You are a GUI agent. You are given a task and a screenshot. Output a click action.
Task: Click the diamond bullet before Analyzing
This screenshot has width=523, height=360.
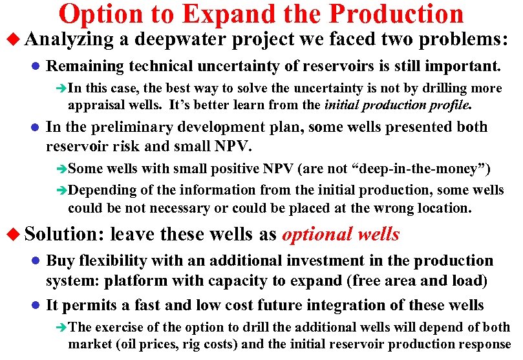13,40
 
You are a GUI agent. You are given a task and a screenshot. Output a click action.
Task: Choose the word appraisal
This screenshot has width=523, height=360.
96,104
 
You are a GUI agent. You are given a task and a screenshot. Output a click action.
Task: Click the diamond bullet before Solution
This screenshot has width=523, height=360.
13,234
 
